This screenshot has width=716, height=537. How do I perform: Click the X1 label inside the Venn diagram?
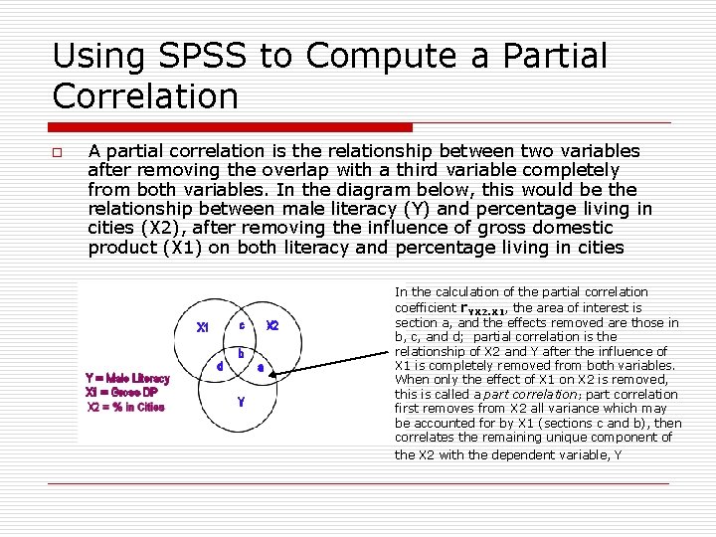coord(203,327)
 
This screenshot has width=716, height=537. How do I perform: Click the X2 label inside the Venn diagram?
coord(272,326)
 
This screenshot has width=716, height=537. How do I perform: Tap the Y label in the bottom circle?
coord(240,402)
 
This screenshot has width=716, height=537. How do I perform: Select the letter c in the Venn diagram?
coord(242,322)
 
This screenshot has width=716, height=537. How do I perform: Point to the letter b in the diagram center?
coord(240,353)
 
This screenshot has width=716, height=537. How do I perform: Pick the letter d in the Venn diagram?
coord(219,366)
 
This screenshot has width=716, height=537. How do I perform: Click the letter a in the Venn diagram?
coord(261,366)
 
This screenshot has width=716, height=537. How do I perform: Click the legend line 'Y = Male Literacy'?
coord(128,378)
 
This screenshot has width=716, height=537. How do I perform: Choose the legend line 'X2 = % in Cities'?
coord(125,406)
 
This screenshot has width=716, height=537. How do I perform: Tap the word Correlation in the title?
coord(145,96)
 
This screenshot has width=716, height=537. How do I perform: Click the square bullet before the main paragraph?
coord(59,153)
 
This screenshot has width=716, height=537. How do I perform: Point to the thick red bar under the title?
coord(232,127)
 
